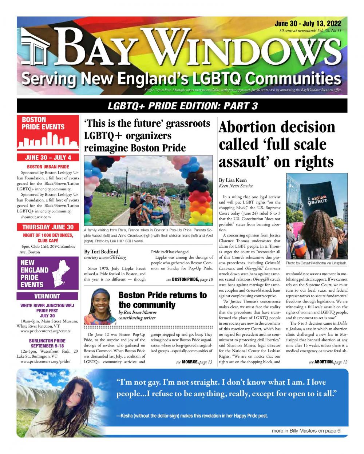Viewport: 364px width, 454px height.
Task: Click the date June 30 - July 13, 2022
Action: (307, 24)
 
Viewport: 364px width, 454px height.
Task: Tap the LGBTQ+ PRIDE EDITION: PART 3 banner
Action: (182, 106)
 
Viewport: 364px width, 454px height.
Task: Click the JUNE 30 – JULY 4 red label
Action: (48, 158)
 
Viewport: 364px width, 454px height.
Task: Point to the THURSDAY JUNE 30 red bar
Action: (48, 227)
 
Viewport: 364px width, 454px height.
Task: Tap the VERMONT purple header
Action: (48, 296)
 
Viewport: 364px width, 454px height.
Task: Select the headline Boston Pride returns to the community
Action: (162, 300)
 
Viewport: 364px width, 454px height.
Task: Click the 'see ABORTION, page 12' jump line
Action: (328, 362)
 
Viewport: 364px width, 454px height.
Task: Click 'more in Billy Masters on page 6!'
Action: (306, 431)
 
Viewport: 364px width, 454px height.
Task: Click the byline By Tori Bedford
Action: (101, 251)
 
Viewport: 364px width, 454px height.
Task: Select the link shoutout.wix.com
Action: (36, 217)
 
